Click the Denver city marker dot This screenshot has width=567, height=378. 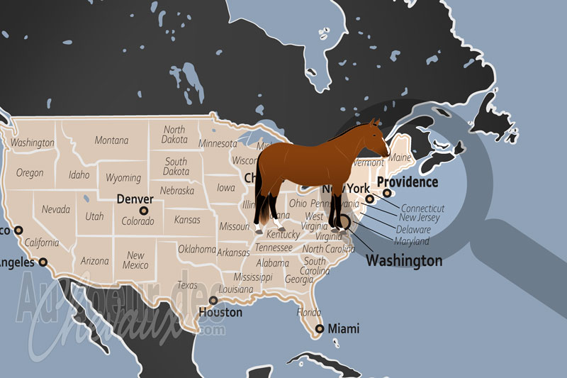click(144, 211)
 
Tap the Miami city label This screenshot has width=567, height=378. click(342, 329)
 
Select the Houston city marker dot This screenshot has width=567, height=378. click(213, 300)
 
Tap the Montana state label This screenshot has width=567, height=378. click(111, 140)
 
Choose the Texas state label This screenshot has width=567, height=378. click(187, 285)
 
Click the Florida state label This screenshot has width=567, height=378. click(308, 312)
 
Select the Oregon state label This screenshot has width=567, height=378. click(30, 173)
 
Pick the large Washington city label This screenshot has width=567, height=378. click(404, 261)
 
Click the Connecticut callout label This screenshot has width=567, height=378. click(423, 209)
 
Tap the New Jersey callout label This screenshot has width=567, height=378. click(420, 218)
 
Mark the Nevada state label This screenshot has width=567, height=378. click(55, 210)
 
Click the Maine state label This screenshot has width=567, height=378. click(400, 157)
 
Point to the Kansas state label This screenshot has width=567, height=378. click(187, 220)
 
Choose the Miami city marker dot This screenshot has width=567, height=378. click(320, 328)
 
